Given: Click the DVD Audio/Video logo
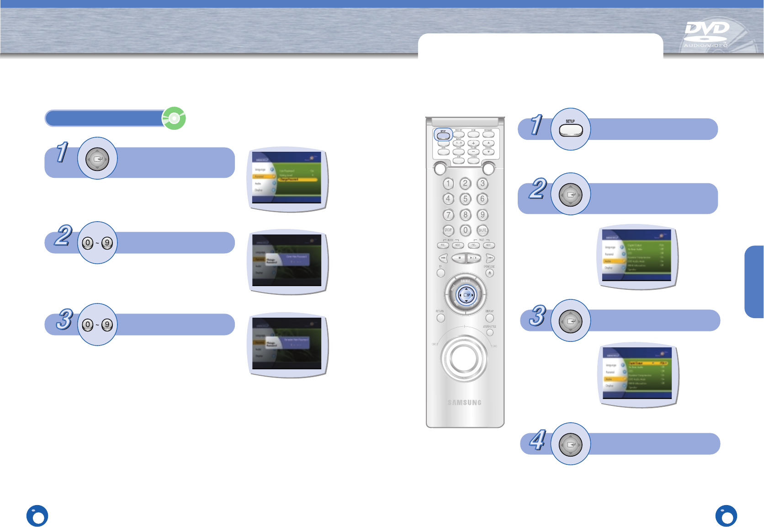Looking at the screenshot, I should tap(706, 34).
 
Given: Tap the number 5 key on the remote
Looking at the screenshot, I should tap(465, 199).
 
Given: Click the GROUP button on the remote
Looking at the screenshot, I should tap(448, 230).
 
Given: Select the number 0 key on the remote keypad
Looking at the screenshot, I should tap(465, 230).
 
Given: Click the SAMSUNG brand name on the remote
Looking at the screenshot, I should tap(464, 403).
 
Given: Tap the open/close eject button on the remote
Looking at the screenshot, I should tap(489, 273).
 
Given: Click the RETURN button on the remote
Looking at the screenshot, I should tap(440, 318).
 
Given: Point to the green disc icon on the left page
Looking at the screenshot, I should tap(174, 118).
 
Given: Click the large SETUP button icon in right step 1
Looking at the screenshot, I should tap(571, 130).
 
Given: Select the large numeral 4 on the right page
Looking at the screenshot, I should tap(538, 440).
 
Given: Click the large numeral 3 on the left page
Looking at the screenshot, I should tap(65, 319).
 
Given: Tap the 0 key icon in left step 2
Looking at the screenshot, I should tap(88, 243).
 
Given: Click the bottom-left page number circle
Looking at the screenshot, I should tap(37, 516).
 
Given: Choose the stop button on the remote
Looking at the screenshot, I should tap(459, 258).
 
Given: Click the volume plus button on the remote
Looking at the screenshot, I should tap(473, 143).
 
